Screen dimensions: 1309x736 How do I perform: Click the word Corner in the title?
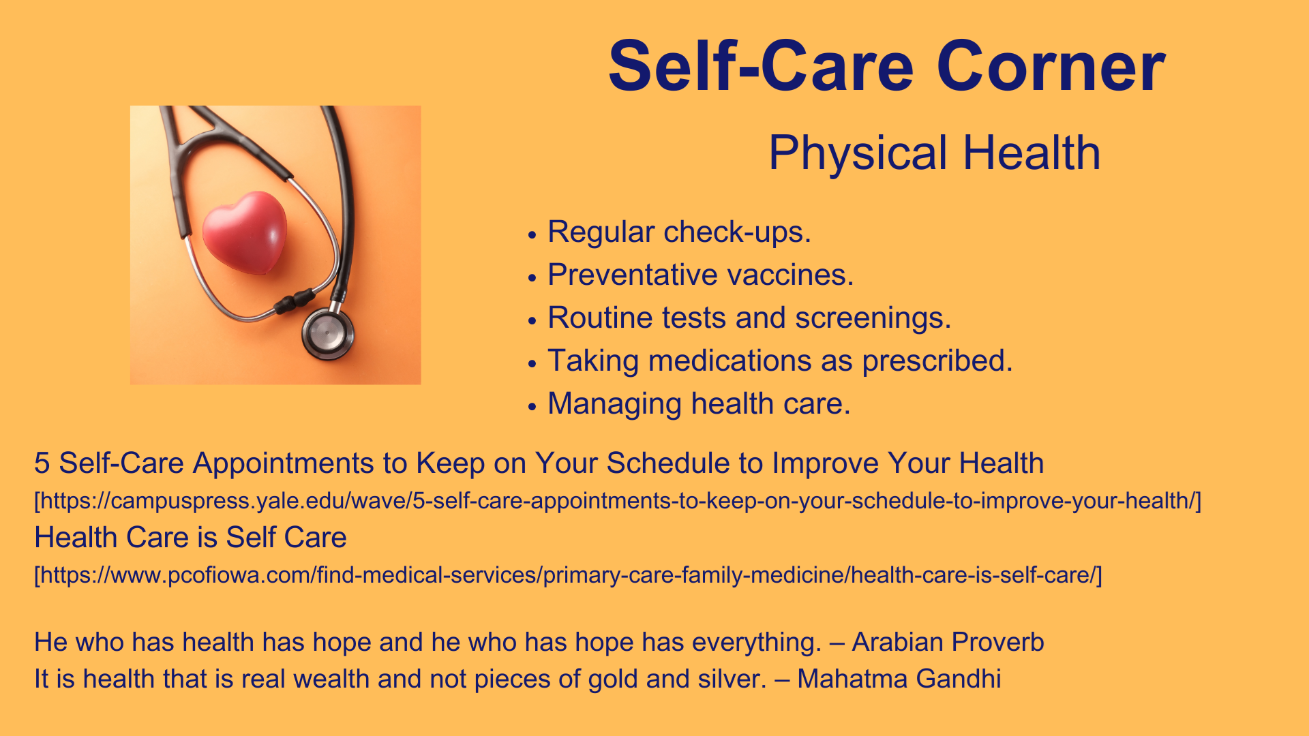tap(1051, 66)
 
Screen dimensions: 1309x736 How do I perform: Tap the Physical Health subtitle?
tap(934, 153)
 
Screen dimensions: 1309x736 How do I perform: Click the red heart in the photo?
tap(245, 232)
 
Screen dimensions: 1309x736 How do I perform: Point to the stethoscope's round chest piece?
tap(328, 333)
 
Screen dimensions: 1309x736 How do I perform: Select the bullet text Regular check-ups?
tap(679, 232)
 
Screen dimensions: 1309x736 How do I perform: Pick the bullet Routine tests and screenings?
tap(749, 318)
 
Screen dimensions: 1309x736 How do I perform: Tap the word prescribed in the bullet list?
tap(937, 361)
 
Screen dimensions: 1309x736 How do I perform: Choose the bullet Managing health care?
tap(699, 403)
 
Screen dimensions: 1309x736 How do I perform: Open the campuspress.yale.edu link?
tap(618, 501)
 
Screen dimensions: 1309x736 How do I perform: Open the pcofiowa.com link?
tap(568, 575)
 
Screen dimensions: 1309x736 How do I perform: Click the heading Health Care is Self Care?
tap(190, 537)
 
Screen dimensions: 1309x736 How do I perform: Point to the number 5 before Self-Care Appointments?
tap(42, 463)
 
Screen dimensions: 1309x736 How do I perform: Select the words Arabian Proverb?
tap(948, 642)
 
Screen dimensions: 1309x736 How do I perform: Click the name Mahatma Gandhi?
tap(899, 679)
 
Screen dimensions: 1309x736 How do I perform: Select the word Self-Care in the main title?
tap(761, 66)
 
